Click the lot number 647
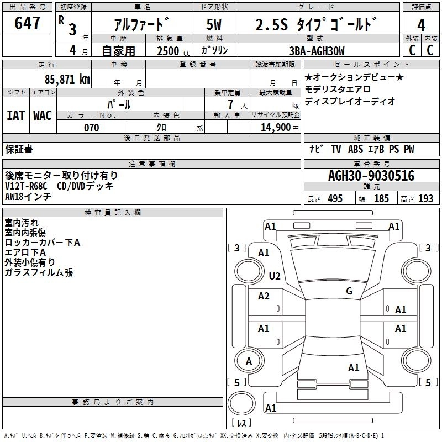[x=28, y=24]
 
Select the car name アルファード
[x=141, y=24]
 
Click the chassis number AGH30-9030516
[x=371, y=176]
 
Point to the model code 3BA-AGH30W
[x=317, y=51]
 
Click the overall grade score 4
[x=421, y=25]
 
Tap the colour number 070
[x=91, y=128]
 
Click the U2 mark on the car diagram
[x=275, y=276]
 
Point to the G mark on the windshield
[x=349, y=291]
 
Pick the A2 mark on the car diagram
[x=264, y=296]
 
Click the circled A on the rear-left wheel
[x=249, y=361]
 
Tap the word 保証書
[x=19, y=149]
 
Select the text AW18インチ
[x=28, y=196]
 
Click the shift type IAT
[x=15, y=115]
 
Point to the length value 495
[x=335, y=199]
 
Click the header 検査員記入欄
[x=113, y=212]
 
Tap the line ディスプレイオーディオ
[x=350, y=101]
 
